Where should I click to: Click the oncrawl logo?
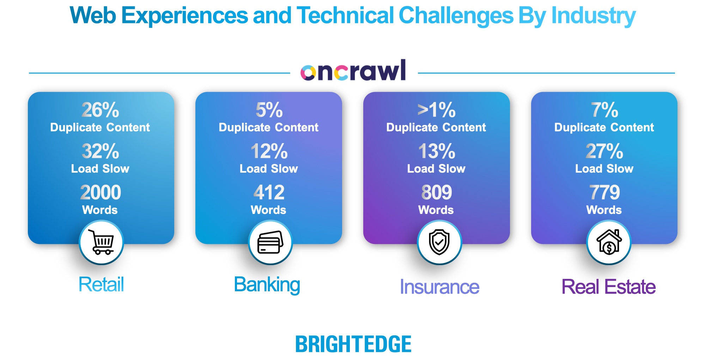(353, 70)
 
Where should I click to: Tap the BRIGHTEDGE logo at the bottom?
(353, 344)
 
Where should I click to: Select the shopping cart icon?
(101, 242)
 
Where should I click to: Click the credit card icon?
(271, 242)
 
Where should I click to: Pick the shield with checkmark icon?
(439, 242)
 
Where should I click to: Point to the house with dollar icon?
(609, 242)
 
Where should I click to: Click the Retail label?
(101, 284)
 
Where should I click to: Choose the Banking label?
(267, 285)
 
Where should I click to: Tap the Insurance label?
(439, 287)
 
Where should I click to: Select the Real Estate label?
(608, 287)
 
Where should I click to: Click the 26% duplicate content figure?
(101, 110)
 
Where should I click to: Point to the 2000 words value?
(101, 192)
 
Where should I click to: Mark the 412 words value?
(269, 192)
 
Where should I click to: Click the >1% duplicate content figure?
(437, 110)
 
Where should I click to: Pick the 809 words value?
(437, 192)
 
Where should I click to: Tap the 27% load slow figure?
(604, 151)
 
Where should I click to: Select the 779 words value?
(604, 192)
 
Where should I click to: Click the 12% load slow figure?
(269, 151)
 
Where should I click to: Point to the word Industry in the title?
(594, 16)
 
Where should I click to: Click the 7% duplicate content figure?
(604, 110)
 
